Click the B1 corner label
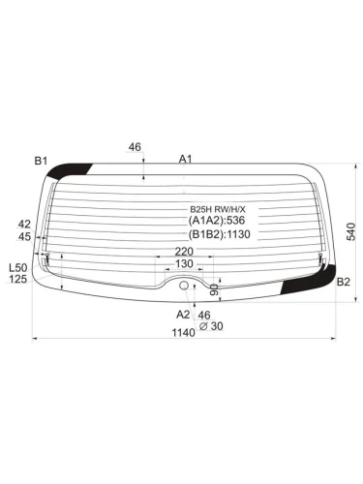pyautogui.click(x=41, y=160)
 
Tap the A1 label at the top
pyautogui.click(x=185, y=159)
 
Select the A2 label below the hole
pyautogui.click(x=183, y=315)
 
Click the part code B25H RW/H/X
pyautogui.click(x=217, y=208)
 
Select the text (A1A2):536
pyautogui.click(x=218, y=221)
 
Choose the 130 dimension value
pyautogui.click(x=183, y=264)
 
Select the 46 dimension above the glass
pyautogui.click(x=135, y=148)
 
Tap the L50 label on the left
pyautogui.click(x=16, y=267)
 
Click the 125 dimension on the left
pyautogui.click(x=16, y=280)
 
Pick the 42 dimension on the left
pyautogui.click(x=24, y=224)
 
